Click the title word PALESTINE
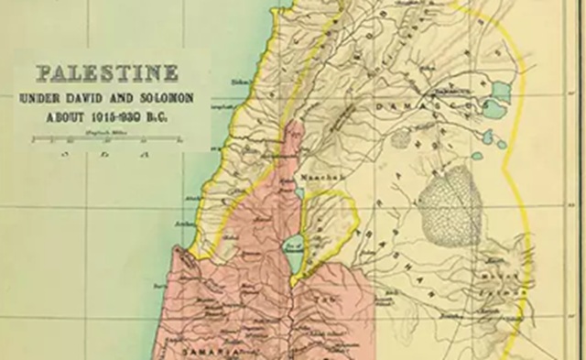[108, 73]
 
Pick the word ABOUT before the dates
[67, 116]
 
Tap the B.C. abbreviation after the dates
[166, 116]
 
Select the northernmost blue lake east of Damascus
[501, 91]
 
